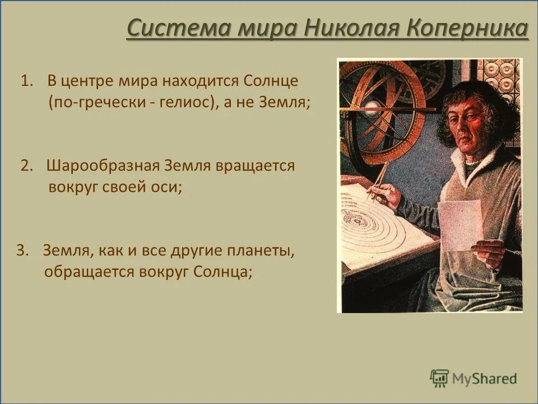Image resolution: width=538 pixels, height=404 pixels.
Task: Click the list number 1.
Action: click(26, 81)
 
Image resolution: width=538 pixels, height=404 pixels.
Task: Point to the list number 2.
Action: click(26, 166)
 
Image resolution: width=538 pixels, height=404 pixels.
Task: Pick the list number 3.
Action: click(21, 251)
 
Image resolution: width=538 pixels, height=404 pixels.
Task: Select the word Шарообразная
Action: click(104, 166)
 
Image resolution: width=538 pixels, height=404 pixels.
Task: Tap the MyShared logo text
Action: click(485, 379)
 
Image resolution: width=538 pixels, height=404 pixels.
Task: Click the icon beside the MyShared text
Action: click(440, 378)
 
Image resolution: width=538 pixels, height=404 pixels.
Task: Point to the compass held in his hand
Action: click(378, 180)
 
